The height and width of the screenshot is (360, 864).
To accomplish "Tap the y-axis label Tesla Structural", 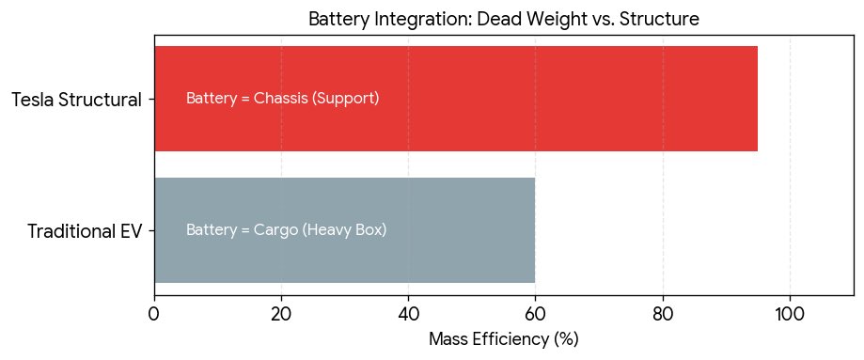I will (x=76, y=99).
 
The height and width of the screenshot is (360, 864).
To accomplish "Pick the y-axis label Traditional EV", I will (x=85, y=230).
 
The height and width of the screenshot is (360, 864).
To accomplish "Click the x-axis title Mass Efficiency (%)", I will (x=503, y=339).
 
